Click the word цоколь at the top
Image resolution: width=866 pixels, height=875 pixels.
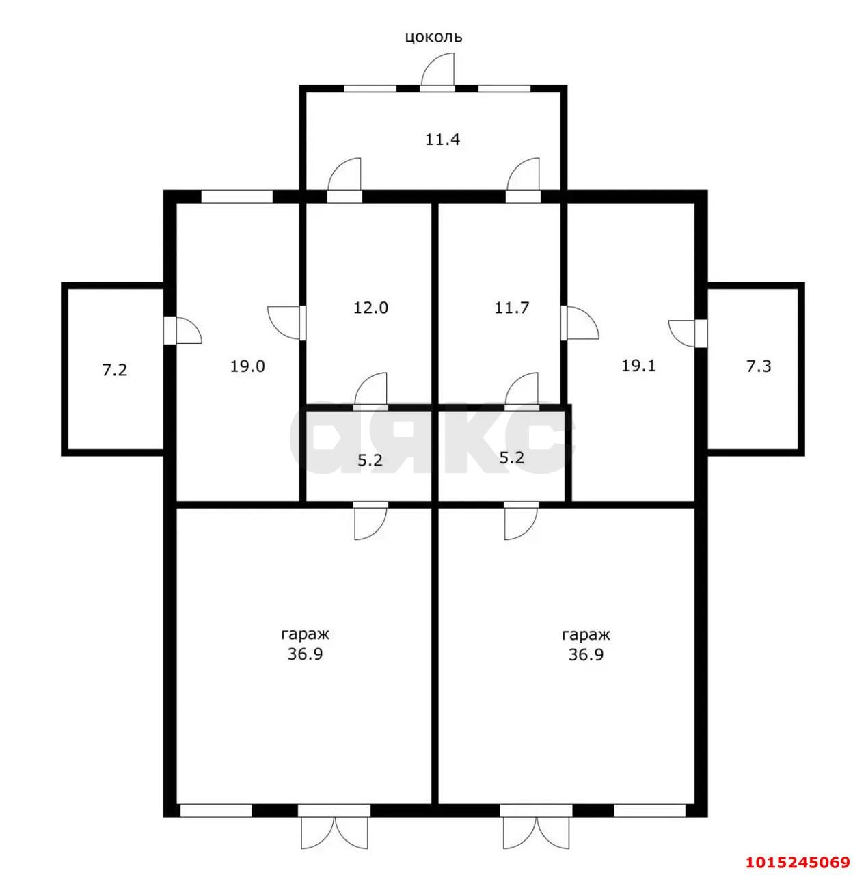(433, 37)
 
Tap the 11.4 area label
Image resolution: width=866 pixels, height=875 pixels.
(442, 139)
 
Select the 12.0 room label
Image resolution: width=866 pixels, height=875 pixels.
(370, 308)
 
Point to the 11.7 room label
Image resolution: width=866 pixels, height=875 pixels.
(512, 308)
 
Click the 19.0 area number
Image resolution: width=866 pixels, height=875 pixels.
(247, 366)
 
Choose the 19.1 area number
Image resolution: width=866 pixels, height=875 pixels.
(638, 366)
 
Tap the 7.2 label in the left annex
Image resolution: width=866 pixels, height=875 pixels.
(114, 370)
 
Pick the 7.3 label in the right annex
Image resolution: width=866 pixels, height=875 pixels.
(759, 366)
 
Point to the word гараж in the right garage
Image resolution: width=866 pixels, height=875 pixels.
(586, 635)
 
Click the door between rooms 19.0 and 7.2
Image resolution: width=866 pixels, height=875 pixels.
(182, 329)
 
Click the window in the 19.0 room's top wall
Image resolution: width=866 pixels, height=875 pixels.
(236, 196)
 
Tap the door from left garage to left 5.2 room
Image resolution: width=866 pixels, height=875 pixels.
(370, 520)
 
